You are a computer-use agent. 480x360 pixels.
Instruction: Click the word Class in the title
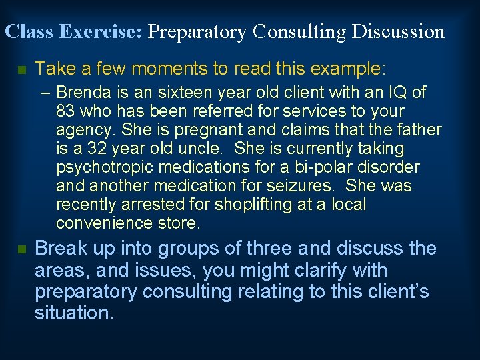(28, 31)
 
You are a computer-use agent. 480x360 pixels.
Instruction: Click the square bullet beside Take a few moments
(21, 69)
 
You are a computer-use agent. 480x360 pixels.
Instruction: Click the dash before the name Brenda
(49, 92)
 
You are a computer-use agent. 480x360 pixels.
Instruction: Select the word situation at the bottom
(74, 313)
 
